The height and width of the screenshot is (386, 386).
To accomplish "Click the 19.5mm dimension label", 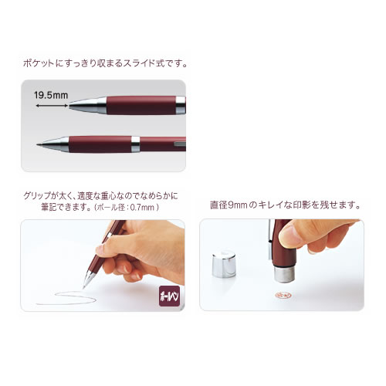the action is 51,95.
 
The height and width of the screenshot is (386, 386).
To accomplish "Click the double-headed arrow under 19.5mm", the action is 52,106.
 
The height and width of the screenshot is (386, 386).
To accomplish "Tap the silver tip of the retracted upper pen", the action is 88,105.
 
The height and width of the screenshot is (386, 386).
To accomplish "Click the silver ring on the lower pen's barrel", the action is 135,144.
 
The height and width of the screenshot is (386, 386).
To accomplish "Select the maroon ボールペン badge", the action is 169,296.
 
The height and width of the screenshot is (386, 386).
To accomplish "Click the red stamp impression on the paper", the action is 283,296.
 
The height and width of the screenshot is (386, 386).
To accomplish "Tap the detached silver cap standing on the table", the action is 224,265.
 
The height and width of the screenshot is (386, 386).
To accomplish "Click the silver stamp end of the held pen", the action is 284,274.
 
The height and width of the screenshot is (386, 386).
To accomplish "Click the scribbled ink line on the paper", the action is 66,299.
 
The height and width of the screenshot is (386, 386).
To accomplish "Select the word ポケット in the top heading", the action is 39,63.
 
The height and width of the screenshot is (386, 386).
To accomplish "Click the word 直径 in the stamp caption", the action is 218,205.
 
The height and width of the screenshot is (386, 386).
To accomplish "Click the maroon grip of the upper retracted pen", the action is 141,105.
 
